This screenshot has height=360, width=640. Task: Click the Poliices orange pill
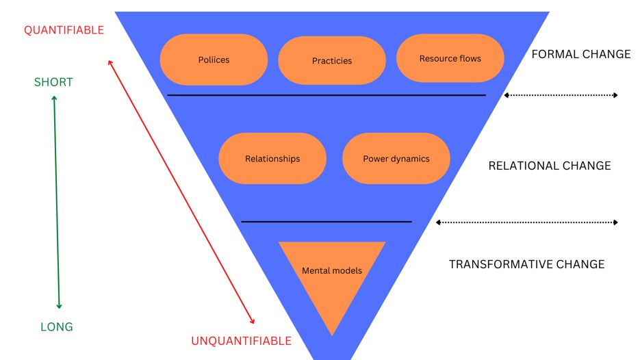pos(214,60)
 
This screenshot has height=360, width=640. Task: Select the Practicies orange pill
pos(332,61)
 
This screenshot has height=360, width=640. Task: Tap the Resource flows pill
pos(450,59)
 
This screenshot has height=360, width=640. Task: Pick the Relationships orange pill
pos(272,159)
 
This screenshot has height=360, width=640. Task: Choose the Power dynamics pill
pos(396,159)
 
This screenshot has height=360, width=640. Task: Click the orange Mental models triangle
pos(332,274)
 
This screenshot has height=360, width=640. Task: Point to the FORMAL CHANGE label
pos(581,54)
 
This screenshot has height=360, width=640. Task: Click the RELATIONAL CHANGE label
pos(550,166)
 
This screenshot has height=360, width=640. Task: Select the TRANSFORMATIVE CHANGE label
pos(526,264)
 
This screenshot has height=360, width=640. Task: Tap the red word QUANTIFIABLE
pos(64,30)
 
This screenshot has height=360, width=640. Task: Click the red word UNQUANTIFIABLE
pos(241,341)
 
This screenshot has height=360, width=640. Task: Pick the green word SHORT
pos(53,82)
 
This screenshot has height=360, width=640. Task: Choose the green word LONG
pos(57,326)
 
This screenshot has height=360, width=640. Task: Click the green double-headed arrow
pos(56,202)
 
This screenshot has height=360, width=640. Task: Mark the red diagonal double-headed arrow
pos(181,192)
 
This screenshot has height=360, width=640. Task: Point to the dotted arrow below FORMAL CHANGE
pos(561,95)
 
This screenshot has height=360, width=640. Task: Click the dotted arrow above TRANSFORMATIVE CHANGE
pos(526,222)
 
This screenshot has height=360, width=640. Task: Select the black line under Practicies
pos(327,95)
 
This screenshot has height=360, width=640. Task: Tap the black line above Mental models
pos(327,222)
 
